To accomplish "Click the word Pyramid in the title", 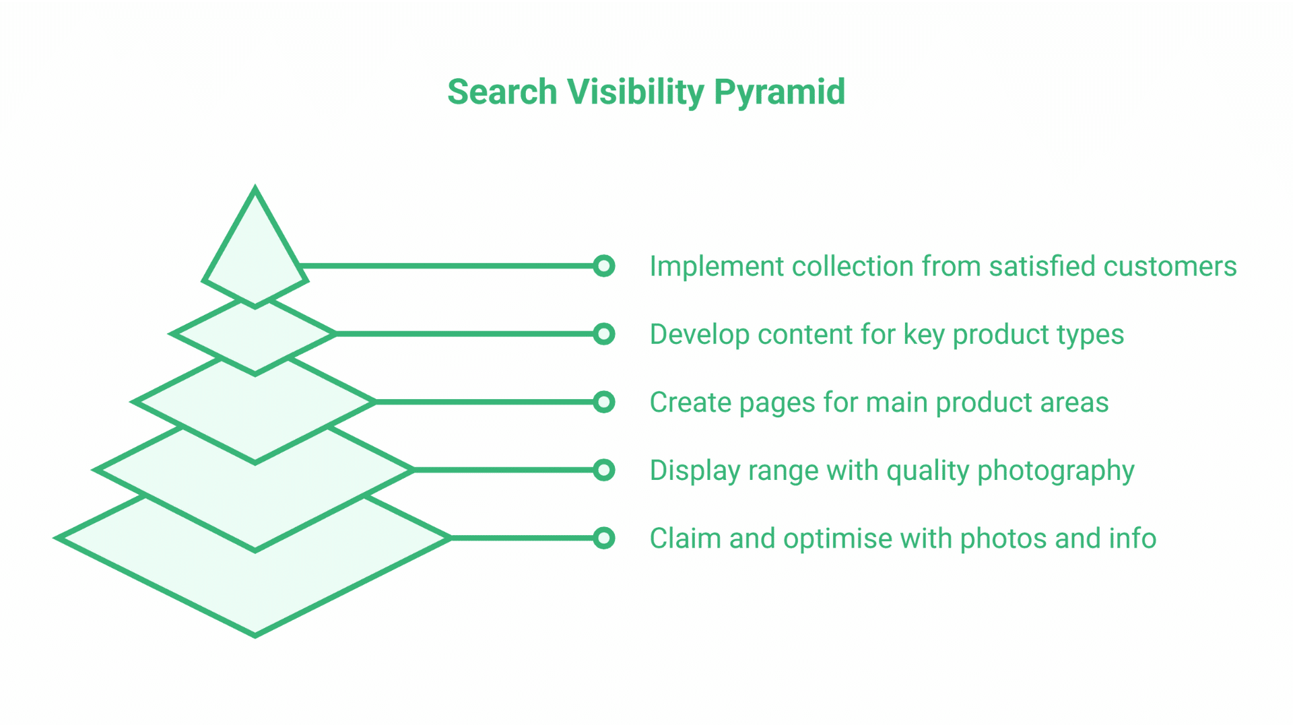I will [x=779, y=92].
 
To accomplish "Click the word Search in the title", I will [x=502, y=92].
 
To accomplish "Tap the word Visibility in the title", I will [x=635, y=92].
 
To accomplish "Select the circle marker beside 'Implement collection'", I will [x=604, y=266].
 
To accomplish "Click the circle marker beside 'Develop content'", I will [x=604, y=334].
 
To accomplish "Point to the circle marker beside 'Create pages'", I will [x=604, y=402].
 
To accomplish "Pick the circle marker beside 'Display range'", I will [x=604, y=470].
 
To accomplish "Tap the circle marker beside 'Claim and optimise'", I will [x=604, y=538].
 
